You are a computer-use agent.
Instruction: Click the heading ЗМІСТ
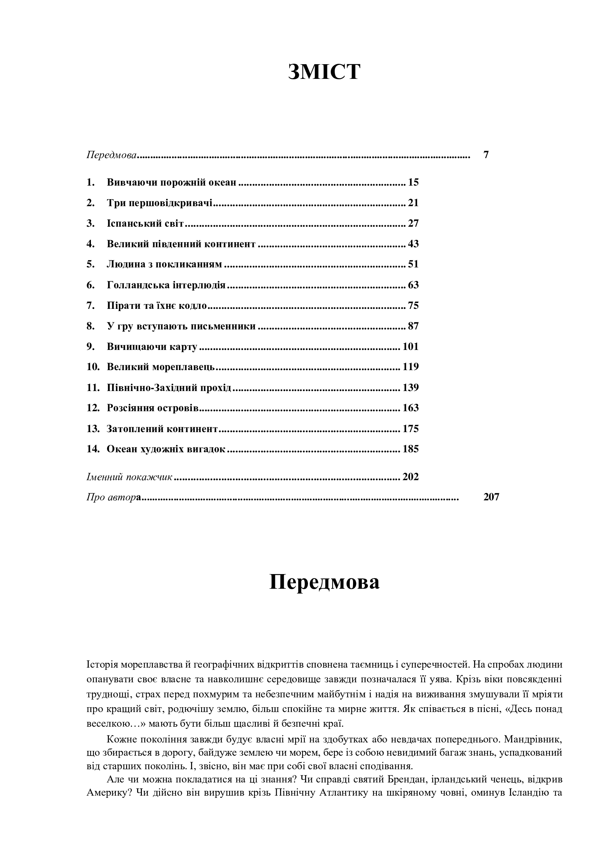(324, 72)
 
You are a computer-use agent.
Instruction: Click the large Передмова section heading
(324, 582)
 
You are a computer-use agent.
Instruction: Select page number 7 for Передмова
(486, 155)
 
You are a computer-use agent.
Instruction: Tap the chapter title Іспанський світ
(145, 223)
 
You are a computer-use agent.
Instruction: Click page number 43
(413, 244)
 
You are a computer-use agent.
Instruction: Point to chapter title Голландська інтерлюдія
(166, 285)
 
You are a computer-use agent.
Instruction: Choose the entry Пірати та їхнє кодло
(157, 306)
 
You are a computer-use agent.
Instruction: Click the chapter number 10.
(93, 366)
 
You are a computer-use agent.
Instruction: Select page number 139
(410, 387)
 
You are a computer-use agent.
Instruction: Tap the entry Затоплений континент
(162, 428)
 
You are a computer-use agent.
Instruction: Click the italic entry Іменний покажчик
(129, 477)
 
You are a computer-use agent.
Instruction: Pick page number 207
(491, 497)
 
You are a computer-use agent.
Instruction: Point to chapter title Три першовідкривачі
(159, 203)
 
